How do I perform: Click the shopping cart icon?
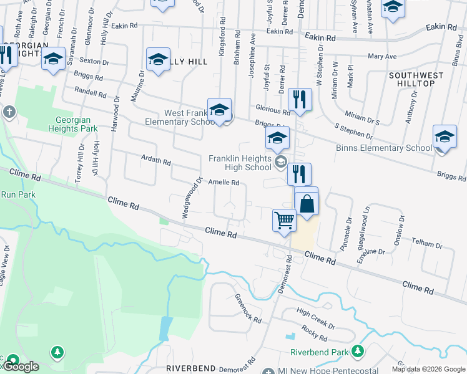tap(284, 220)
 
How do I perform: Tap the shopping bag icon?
tap(307, 204)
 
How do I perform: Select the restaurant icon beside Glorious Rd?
tap(300, 98)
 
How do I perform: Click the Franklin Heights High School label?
tap(240, 163)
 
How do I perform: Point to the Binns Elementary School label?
tap(383, 148)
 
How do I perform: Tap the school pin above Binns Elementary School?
tap(445, 137)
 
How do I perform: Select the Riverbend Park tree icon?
tap(357, 352)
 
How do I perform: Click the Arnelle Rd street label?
tap(224, 183)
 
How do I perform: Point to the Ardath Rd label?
tap(156, 161)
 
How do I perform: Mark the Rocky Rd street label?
tap(314, 333)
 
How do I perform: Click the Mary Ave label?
tap(383, 57)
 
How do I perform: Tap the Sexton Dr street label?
tap(94, 62)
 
